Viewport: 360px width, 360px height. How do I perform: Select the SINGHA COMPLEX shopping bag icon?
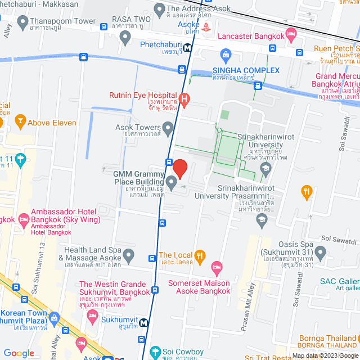226,55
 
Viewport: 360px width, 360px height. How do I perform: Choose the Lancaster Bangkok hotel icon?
291,36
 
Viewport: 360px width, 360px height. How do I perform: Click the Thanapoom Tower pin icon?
23,22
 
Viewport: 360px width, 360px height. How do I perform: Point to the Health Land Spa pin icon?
129,256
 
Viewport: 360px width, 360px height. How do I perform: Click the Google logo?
19,353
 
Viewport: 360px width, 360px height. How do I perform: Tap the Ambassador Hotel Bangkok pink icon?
23,218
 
